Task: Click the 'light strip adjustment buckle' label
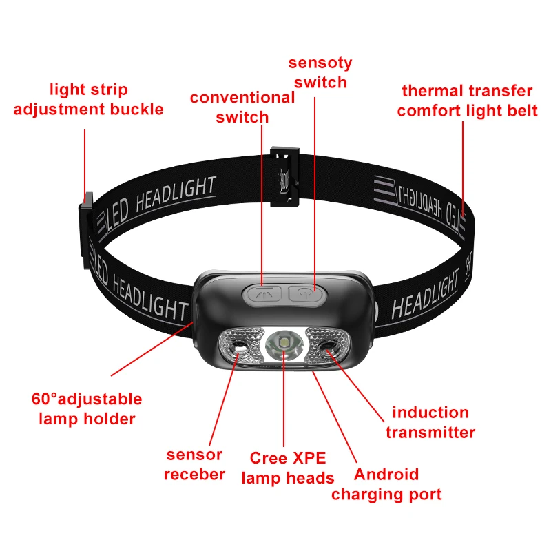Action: coord(89,99)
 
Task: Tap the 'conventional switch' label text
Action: coord(242,107)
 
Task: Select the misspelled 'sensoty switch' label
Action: coord(320,73)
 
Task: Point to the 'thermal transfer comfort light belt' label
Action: coord(467,101)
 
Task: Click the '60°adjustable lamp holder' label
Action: coord(87,408)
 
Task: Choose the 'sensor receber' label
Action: coord(194,464)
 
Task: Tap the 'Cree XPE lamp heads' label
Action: coord(288,468)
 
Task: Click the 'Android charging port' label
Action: coord(386,484)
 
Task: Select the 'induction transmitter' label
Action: coord(430,422)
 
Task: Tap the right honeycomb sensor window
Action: coord(328,346)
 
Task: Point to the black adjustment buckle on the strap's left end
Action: coord(86,230)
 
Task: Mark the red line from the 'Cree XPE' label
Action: coord(284,398)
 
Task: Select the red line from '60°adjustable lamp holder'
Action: coord(152,349)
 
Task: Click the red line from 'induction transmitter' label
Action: coord(355,386)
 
